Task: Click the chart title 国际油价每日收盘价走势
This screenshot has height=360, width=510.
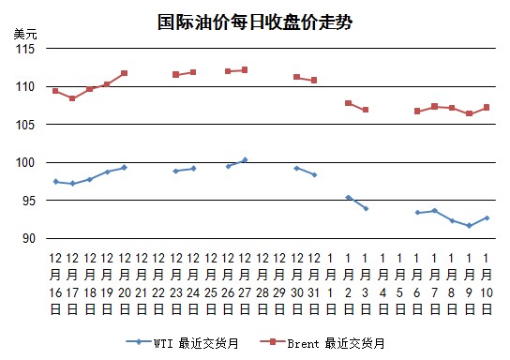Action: click(x=255, y=22)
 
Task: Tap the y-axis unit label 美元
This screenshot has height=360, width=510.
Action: click(x=25, y=34)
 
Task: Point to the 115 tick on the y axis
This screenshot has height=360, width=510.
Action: click(x=25, y=49)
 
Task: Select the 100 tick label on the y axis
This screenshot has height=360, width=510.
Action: click(x=25, y=162)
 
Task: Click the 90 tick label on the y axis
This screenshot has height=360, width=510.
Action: click(x=29, y=238)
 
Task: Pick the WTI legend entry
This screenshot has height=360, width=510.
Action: click(x=182, y=343)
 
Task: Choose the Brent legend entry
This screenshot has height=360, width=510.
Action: click(x=322, y=343)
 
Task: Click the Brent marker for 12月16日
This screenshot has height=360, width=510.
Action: click(x=55, y=91)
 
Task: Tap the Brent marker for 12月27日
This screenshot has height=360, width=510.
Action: click(x=245, y=70)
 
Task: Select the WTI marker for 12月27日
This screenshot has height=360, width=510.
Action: click(x=245, y=159)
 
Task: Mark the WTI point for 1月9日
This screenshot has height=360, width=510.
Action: click(x=469, y=226)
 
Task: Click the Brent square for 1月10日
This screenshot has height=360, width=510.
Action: click(x=487, y=107)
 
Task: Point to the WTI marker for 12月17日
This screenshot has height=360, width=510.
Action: click(x=72, y=184)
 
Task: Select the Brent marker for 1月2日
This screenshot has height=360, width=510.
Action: click(x=349, y=103)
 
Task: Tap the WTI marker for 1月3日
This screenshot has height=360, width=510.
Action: click(x=366, y=208)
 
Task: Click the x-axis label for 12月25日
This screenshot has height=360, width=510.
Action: click(x=211, y=283)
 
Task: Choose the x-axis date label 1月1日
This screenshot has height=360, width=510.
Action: click(x=331, y=283)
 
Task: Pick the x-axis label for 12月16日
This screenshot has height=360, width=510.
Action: click(x=55, y=283)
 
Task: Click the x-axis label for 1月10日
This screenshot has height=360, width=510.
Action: click(x=487, y=283)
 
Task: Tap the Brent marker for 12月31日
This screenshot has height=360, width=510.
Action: click(x=314, y=80)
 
